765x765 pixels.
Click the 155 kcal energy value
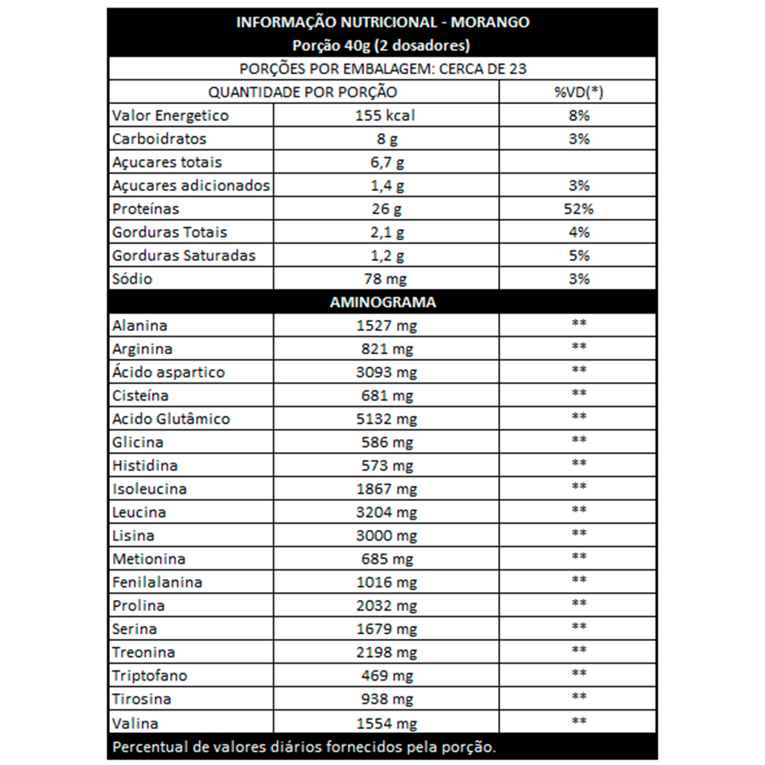386,116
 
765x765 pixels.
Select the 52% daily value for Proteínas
578,209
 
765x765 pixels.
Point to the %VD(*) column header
578,93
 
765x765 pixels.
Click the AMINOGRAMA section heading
382,302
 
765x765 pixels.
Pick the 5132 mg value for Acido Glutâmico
386,419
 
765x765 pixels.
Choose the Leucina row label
138,512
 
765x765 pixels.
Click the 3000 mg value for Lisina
386,535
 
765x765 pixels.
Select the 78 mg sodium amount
386,278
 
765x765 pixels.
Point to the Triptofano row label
149,675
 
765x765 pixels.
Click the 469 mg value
386,675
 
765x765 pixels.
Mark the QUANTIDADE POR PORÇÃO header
303,93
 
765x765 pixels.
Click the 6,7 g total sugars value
386,162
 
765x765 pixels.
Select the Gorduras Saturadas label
184,256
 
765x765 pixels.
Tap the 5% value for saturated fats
578,256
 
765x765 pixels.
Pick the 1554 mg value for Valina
386,723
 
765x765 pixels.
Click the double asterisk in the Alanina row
578,324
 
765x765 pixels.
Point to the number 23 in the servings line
517,69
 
